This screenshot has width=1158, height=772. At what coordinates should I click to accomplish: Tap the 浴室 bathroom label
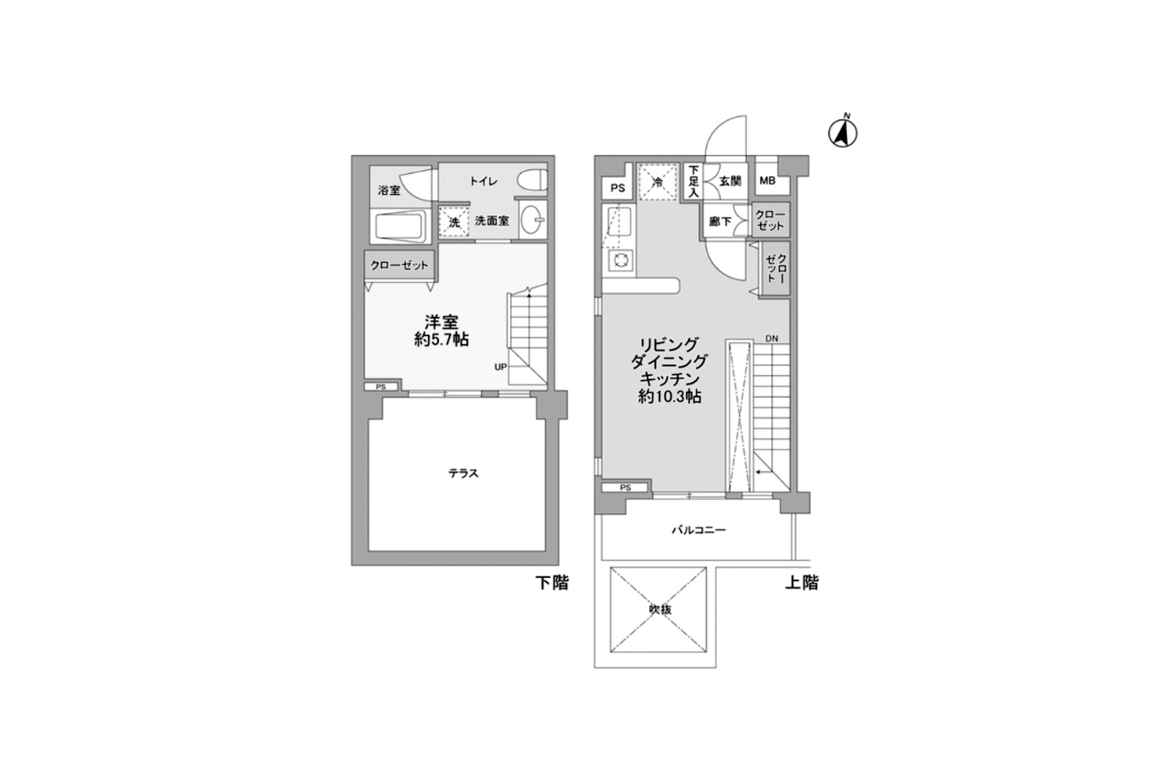pyautogui.click(x=389, y=191)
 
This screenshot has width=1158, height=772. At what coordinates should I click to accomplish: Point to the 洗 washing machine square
pyautogui.click(x=454, y=221)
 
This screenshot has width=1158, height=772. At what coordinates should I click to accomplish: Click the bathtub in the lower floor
pyautogui.click(x=401, y=227)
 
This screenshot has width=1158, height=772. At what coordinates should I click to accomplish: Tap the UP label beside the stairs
pyautogui.click(x=501, y=367)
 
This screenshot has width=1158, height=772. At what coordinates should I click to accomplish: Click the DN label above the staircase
pyautogui.click(x=772, y=338)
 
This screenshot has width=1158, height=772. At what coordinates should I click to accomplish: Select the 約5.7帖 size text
pyautogui.click(x=441, y=340)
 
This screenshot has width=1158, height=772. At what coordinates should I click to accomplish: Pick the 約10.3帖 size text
pyautogui.click(x=669, y=397)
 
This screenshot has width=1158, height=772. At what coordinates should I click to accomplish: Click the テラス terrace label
pyautogui.click(x=463, y=473)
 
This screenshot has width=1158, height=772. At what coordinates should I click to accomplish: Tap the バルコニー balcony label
pyautogui.click(x=699, y=530)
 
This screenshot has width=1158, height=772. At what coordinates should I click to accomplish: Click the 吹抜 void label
pyautogui.click(x=660, y=609)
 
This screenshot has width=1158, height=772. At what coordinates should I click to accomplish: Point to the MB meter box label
pyautogui.click(x=768, y=180)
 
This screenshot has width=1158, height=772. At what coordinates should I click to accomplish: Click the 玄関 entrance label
pyautogui.click(x=730, y=180)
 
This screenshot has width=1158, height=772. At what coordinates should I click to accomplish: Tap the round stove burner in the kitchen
pyautogui.click(x=621, y=261)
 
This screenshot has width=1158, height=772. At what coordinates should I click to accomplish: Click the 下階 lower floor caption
pyautogui.click(x=552, y=583)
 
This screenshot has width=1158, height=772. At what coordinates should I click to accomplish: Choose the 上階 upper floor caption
pyautogui.click(x=802, y=583)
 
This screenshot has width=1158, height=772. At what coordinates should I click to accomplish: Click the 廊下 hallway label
pyautogui.click(x=720, y=222)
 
